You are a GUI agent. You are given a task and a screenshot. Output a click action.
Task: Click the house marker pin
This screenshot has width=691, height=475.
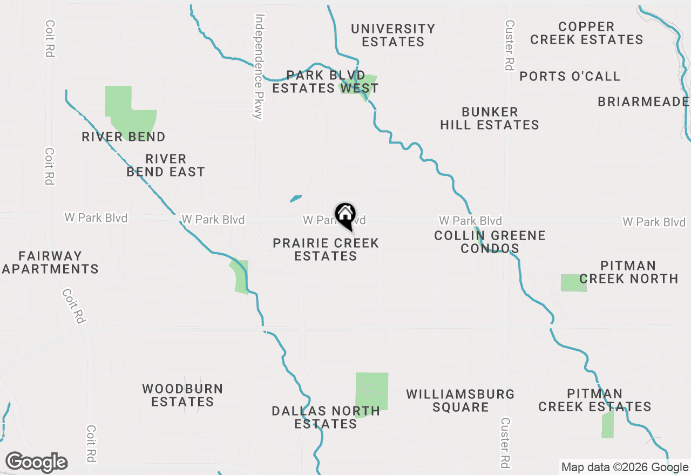click(345, 216)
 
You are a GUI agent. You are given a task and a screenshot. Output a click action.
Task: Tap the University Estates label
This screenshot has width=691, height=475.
click(393, 35)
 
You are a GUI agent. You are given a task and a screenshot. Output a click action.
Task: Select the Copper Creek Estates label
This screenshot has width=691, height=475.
click(586, 33)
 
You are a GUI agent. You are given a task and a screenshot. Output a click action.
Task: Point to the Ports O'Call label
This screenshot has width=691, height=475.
click(570, 77)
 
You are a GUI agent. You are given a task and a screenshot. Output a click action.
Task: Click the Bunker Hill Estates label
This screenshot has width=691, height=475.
click(490, 119)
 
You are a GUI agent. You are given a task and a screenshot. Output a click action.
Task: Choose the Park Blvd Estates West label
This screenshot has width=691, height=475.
click(325, 82)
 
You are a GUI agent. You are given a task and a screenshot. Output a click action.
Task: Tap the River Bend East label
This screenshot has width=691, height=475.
click(166, 166)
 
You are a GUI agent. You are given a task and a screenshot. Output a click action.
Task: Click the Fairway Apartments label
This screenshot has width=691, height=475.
click(50, 262)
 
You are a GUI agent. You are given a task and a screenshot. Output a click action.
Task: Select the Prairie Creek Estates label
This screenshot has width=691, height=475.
click(326, 249)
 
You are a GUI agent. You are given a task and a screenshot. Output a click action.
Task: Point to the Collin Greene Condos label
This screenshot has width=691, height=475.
click(490, 242)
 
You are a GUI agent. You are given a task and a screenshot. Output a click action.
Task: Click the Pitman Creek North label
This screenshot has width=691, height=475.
click(628, 272)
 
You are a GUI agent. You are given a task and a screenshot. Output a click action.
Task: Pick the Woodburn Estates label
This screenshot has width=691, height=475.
click(182, 395)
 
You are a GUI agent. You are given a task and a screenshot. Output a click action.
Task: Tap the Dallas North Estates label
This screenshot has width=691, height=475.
click(326, 417)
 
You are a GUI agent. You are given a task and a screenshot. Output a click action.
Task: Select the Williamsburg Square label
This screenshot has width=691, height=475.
click(460, 401)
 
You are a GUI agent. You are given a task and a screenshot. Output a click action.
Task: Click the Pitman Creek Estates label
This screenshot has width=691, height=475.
click(595, 400)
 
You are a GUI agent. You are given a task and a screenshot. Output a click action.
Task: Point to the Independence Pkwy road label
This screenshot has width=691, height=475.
click(258, 66)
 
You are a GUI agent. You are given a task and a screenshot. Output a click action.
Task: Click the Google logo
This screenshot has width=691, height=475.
click(36, 462)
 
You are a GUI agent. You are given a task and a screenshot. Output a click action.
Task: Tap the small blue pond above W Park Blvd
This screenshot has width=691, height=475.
click(295, 199)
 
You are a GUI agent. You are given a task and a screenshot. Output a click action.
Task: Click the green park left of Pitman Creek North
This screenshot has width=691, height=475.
click(573, 283)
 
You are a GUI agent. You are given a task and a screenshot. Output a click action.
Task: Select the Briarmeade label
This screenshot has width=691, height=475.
click(643, 102)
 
